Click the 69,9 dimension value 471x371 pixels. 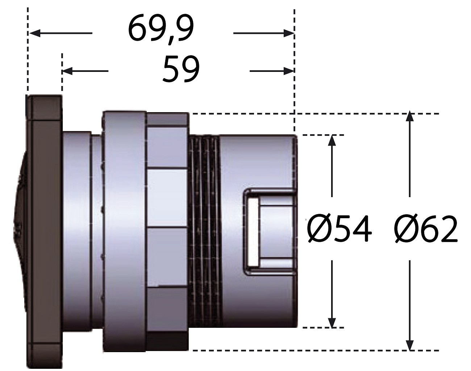pos(161,30)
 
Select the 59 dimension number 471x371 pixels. pos(181,69)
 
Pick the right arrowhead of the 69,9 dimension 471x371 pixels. pos(288,33)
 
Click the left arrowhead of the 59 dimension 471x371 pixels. pos(67,71)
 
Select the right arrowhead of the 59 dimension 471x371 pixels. pos(288,71)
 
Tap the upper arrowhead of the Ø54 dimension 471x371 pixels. pos(332,141)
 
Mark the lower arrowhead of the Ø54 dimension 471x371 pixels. pos(332,328)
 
